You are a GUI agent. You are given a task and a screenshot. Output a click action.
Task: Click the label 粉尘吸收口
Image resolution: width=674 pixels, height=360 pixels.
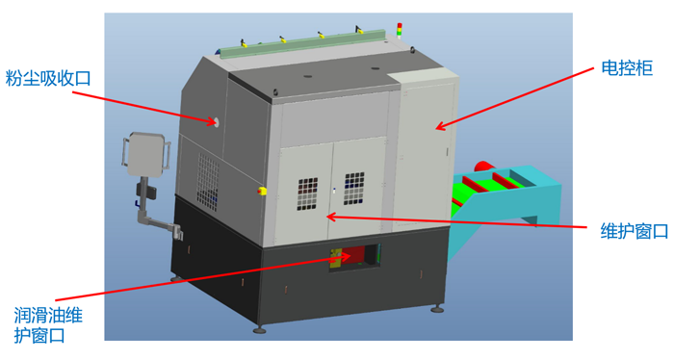point(48,79)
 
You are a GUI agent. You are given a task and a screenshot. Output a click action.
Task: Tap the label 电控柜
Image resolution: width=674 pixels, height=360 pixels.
point(627,68)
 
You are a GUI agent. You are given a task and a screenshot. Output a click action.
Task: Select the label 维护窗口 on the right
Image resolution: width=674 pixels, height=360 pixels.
point(634,231)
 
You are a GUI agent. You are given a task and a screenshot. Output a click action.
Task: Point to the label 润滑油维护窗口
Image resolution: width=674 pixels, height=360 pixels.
point(48,324)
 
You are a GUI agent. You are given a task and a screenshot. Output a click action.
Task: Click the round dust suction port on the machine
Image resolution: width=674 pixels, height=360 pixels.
point(217,122)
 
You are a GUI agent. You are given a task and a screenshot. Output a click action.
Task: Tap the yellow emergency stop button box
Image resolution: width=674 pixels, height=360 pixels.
point(262,191)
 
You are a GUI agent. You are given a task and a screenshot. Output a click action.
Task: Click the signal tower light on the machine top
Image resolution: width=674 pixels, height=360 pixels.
point(400,31)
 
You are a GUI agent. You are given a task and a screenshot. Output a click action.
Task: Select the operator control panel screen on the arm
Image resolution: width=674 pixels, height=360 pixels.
point(145,154)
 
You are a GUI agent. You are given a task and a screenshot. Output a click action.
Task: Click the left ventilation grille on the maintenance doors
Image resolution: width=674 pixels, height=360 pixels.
point(308,193)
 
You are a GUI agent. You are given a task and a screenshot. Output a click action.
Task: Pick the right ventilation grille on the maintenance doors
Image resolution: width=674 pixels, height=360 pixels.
point(354,189)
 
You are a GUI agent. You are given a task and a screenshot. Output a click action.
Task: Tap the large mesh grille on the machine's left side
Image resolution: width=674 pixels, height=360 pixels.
point(208,182)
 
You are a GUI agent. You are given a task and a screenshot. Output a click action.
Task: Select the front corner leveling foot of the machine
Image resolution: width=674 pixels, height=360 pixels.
point(259,329)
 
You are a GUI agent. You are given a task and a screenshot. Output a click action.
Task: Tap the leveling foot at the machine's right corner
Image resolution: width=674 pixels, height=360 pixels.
point(438,308)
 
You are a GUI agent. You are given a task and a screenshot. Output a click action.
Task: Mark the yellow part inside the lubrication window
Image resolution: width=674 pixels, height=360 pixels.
point(335,259)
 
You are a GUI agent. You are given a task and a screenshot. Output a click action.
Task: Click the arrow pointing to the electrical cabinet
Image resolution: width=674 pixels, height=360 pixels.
point(514,98)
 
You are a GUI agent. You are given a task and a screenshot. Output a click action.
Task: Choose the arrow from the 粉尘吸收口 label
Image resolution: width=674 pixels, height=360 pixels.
point(143,108)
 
